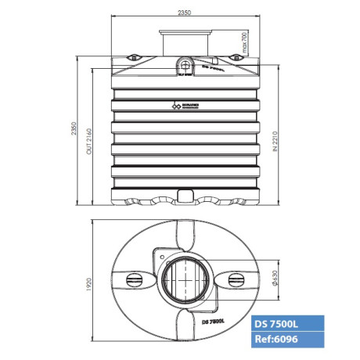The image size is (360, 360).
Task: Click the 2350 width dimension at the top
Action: [183, 11]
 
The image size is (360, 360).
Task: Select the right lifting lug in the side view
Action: [235, 58]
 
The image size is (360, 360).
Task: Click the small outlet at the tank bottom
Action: [184, 193]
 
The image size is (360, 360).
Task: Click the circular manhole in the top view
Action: [184, 278]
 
